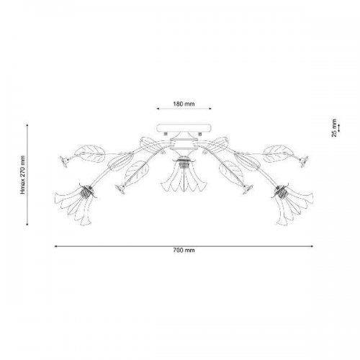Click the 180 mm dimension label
(184, 104)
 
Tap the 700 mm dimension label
(184, 251)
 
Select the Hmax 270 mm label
(23, 175)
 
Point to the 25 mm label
(334, 128)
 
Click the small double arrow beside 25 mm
(339, 128)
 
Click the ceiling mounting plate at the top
(184, 128)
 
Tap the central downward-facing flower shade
(184, 176)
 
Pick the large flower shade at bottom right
(292, 204)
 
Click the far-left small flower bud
(64, 161)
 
